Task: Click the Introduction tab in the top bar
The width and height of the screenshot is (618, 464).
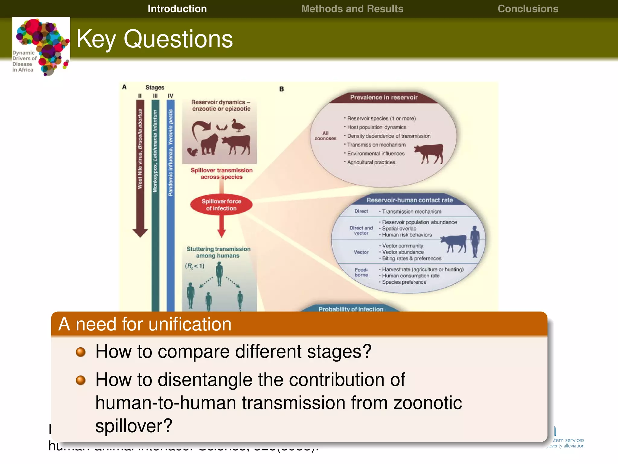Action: (177, 9)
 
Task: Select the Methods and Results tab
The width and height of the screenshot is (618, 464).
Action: (352, 9)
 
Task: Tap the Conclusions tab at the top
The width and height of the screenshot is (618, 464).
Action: (528, 9)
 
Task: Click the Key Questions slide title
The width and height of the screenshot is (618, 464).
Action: (154, 39)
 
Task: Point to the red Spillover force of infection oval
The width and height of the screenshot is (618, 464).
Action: (221, 205)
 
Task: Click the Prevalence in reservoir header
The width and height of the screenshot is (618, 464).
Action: (384, 97)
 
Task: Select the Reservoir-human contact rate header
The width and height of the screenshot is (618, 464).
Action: (409, 200)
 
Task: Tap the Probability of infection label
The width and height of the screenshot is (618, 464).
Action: (351, 309)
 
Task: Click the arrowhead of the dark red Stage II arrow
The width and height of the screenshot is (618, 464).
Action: (140, 233)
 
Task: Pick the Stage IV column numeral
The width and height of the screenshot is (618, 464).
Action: (170, 96)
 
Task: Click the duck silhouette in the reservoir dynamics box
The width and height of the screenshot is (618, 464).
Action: (238, 125)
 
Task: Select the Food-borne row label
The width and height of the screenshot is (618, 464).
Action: (361, 272)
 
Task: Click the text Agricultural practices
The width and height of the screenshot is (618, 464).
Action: (371, 162)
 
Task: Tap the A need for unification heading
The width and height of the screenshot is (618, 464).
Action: (145, 324)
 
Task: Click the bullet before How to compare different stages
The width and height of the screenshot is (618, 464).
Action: (81, 352)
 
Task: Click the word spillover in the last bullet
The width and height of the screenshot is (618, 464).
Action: (133, 426)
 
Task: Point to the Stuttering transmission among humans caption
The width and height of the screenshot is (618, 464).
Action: (218, 252)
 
